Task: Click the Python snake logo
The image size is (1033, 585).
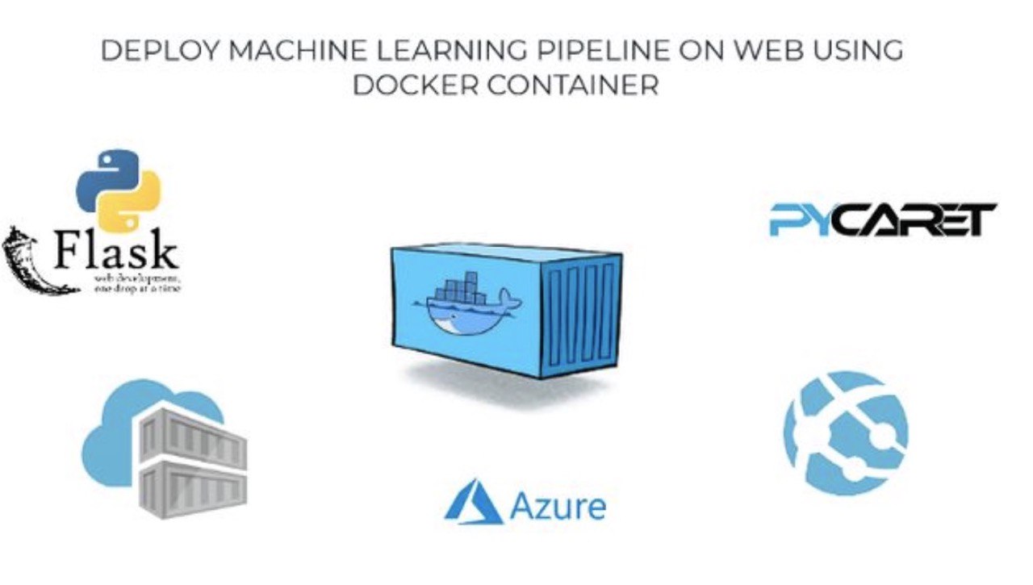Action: click(x=118, y=189)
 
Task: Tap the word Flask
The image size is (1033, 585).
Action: click(x=116, y=252)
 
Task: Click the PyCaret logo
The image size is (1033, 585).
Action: click(x=883, y=219)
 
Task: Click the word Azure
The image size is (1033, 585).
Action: click(x=558, y=506)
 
